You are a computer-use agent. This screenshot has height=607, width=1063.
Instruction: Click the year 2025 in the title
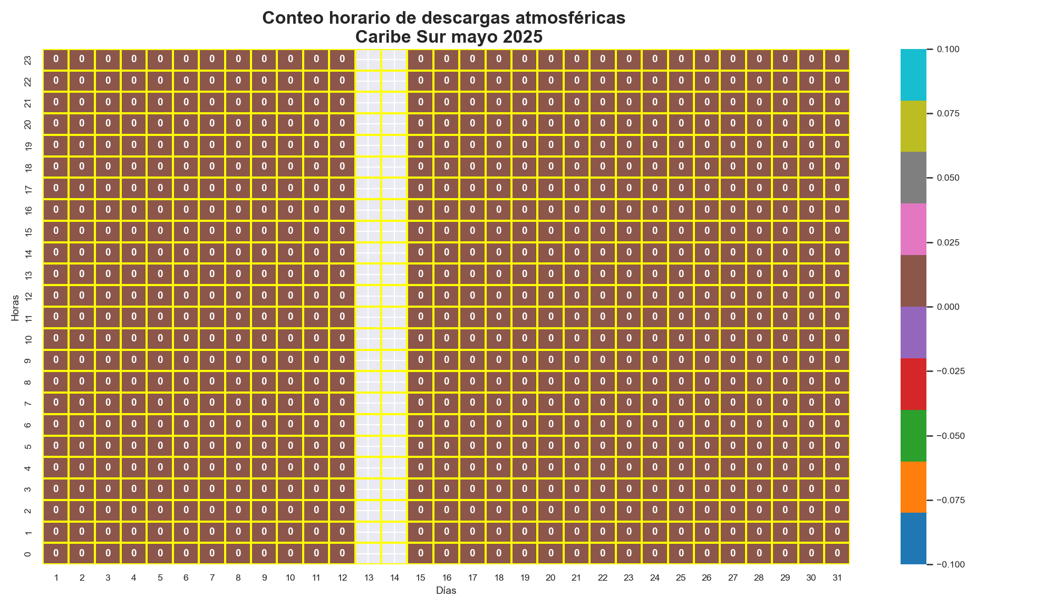point(521,37)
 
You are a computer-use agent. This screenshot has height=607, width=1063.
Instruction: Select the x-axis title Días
point(446,591)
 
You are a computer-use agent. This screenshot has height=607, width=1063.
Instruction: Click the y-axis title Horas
point(15,307)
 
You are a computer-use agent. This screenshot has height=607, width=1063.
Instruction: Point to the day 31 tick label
point(837,578)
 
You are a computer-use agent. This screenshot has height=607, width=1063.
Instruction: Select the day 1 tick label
point(56,578)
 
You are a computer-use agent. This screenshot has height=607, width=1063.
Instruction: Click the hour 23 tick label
point(28,60)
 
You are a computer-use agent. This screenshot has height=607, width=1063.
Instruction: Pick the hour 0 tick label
point(28,554)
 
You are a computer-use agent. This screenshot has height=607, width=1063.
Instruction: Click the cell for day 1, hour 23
point(56,60)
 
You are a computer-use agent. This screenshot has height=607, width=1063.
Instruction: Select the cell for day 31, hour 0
point(837,553)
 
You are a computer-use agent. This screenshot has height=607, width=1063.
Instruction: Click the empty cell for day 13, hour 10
point(368,339)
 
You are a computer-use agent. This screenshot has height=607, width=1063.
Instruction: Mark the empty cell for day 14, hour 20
point(394,124)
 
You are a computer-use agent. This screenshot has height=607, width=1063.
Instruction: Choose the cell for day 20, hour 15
point(550,231)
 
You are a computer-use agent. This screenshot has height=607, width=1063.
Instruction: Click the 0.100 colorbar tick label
point(948,49)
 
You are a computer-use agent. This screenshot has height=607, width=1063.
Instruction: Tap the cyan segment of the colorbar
point(913,74)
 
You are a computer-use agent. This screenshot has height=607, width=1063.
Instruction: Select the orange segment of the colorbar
point(913,487)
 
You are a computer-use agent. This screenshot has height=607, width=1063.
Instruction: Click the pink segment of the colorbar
point(913,229)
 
